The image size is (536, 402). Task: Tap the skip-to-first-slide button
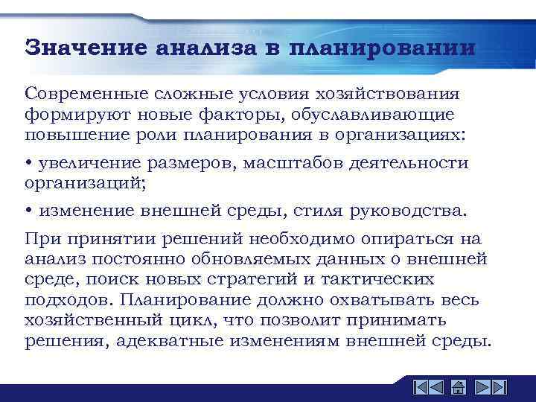click(420, 387)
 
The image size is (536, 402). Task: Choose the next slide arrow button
click(481, 387)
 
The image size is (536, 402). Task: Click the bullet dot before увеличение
click(28, 164)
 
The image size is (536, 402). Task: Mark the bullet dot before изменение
click(28, 211)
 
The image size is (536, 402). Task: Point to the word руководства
click(410, 211)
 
